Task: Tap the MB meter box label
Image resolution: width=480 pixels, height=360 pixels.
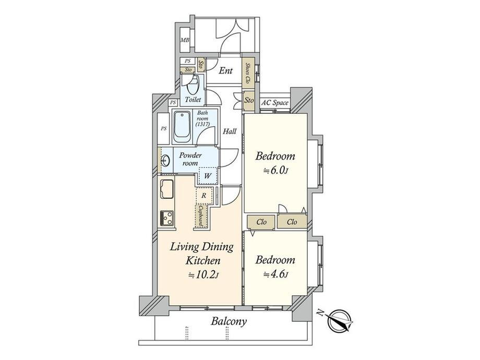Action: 185,40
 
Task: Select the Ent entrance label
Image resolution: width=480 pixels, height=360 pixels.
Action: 226,71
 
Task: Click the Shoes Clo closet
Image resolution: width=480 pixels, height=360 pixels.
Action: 248,74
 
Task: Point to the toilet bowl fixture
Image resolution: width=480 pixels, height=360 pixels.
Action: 193,85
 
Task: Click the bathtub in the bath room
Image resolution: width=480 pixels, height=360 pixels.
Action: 182,127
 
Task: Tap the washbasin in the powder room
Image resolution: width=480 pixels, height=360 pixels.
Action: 165,160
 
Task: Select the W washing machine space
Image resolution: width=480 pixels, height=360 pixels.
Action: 208,176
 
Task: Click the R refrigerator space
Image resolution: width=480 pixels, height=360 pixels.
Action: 204,196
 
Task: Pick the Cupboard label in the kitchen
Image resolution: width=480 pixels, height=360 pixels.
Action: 201,217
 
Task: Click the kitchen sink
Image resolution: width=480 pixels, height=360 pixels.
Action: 166,189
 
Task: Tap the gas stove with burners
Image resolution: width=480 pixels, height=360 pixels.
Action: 166,219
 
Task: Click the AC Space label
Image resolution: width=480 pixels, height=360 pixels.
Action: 274,103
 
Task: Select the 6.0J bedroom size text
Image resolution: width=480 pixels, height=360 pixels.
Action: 276,170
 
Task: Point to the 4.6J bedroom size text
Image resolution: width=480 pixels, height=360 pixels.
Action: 276,274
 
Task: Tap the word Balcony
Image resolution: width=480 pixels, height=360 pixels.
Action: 229,322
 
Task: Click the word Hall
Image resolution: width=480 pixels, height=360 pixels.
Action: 230,131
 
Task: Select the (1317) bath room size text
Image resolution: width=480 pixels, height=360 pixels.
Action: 202,124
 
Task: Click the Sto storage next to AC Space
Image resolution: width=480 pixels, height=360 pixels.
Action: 249,100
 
